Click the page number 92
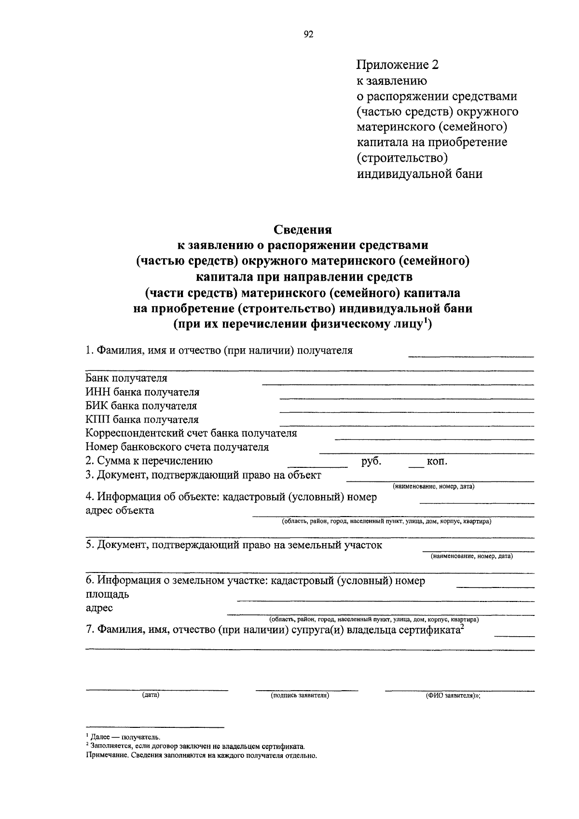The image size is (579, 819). click(x=309, y=34)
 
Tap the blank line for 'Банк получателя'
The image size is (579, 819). click(x=398, y=383)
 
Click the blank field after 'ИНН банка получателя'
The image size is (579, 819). click(x=406, y=398)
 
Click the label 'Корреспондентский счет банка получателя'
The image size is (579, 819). click(x=191, y=433)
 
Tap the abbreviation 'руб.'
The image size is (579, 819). click(x=372, y=461)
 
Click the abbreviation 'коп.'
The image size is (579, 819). click(x=437, y=462)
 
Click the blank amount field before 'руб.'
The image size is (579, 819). click(x=317, y=466)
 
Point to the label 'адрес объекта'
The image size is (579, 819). click(x=120, y=510)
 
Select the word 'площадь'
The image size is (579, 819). click(x=107, y=594)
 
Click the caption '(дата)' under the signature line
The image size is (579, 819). click(x=151, y=695)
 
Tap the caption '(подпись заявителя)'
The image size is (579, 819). click(x=300, y=695)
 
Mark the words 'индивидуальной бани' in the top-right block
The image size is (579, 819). click(x=420, y=174)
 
